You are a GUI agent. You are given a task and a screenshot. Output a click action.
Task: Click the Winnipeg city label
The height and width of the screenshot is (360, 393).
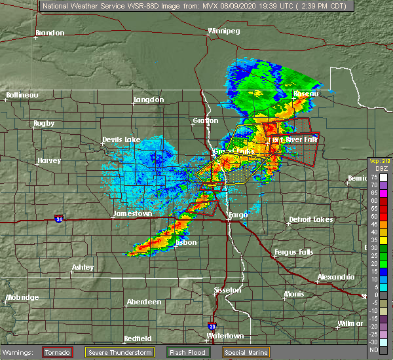pyautogui.click(x=223, y=31)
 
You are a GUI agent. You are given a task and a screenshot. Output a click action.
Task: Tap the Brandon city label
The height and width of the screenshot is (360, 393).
pyautogui.click(x=50, y=33)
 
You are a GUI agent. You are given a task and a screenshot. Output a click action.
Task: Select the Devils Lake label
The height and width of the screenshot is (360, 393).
pyautogui.click(x=121, y=140)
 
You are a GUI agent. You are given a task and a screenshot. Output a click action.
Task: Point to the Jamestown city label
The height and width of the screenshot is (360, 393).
pyautogui.click(x=132, y=213)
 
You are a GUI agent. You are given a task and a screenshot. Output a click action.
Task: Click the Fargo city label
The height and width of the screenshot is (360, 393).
pyautogui.click(x=238, y=214)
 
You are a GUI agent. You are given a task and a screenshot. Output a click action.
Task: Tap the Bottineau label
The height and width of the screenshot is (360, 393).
pyautogui.click(x=22, y=95)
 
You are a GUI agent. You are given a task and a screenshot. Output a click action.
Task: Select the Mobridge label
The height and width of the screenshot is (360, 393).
pyautogui.click(x=22, y=298)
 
